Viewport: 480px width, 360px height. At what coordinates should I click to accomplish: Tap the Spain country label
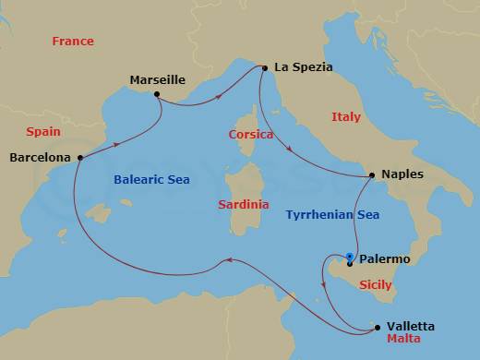pyautogui.click(x=43, y=132)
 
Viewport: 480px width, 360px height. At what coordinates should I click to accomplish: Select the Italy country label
pyautogui.click(x=346, y=117)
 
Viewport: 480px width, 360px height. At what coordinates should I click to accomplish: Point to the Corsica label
pyautogui.click(x=251, y=135)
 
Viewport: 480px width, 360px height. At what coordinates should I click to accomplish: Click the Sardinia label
pyautogui.click(x=244, y=204)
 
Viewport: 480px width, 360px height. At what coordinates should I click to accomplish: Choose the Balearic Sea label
pyautogui.click(x=152, y=180)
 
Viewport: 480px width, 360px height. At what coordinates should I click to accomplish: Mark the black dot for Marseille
pyautogui.click(x=158, y=94)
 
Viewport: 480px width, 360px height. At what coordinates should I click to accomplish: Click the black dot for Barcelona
pyautogui.click(x=80, y=157)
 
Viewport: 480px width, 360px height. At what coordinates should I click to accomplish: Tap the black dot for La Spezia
pyautogui.click(x=265, y=67)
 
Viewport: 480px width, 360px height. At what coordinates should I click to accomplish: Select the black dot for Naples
pyautogui.click(x=371, y=174)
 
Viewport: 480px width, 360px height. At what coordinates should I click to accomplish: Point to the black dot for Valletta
pyautogui.click(x=376, y=326)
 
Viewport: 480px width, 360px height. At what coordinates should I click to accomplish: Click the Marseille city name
pyautogui.click(x=159, y=79)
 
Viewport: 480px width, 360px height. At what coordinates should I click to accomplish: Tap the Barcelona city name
pyautogui.click(x=40, y=158)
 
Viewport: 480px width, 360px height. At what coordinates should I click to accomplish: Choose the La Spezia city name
pyautogui.click(x=303, y=67)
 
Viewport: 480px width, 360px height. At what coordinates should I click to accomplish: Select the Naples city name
pyautogui.click(x=401, y=174)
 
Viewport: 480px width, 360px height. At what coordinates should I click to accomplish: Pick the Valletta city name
pyautogui.click(x=412, y=327)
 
